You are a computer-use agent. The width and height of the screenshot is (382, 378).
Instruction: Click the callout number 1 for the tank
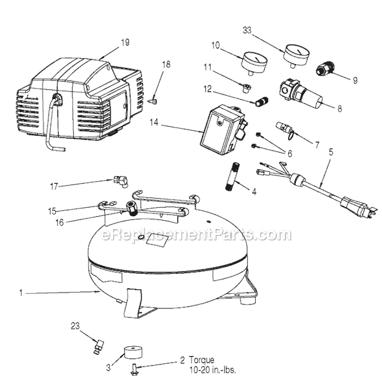(21, 293)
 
